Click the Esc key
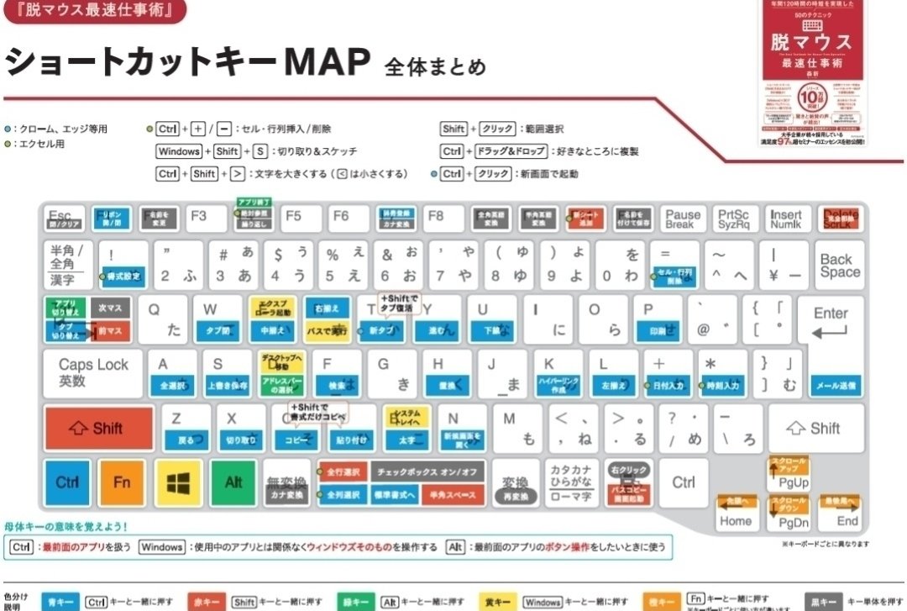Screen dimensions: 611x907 click(x=65, y=219)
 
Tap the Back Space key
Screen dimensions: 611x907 click(x=840, y=266)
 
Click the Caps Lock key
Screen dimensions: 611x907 click(x=93, y=373)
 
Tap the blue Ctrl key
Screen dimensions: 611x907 click(x=67, y=482)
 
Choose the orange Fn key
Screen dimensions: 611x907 click(x=122, y=482)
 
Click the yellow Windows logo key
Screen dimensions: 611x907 click(x=178, y=482)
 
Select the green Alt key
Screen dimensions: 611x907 click(x=233, y=482)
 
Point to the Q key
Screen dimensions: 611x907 click(x=164, y=319)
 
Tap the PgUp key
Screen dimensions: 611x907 click(x=791, y=475)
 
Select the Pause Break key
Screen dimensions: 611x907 click(x=682, y=219)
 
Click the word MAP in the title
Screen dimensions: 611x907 click(x=328, y=61)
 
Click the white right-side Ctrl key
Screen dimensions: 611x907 click(x=684, y=482)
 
